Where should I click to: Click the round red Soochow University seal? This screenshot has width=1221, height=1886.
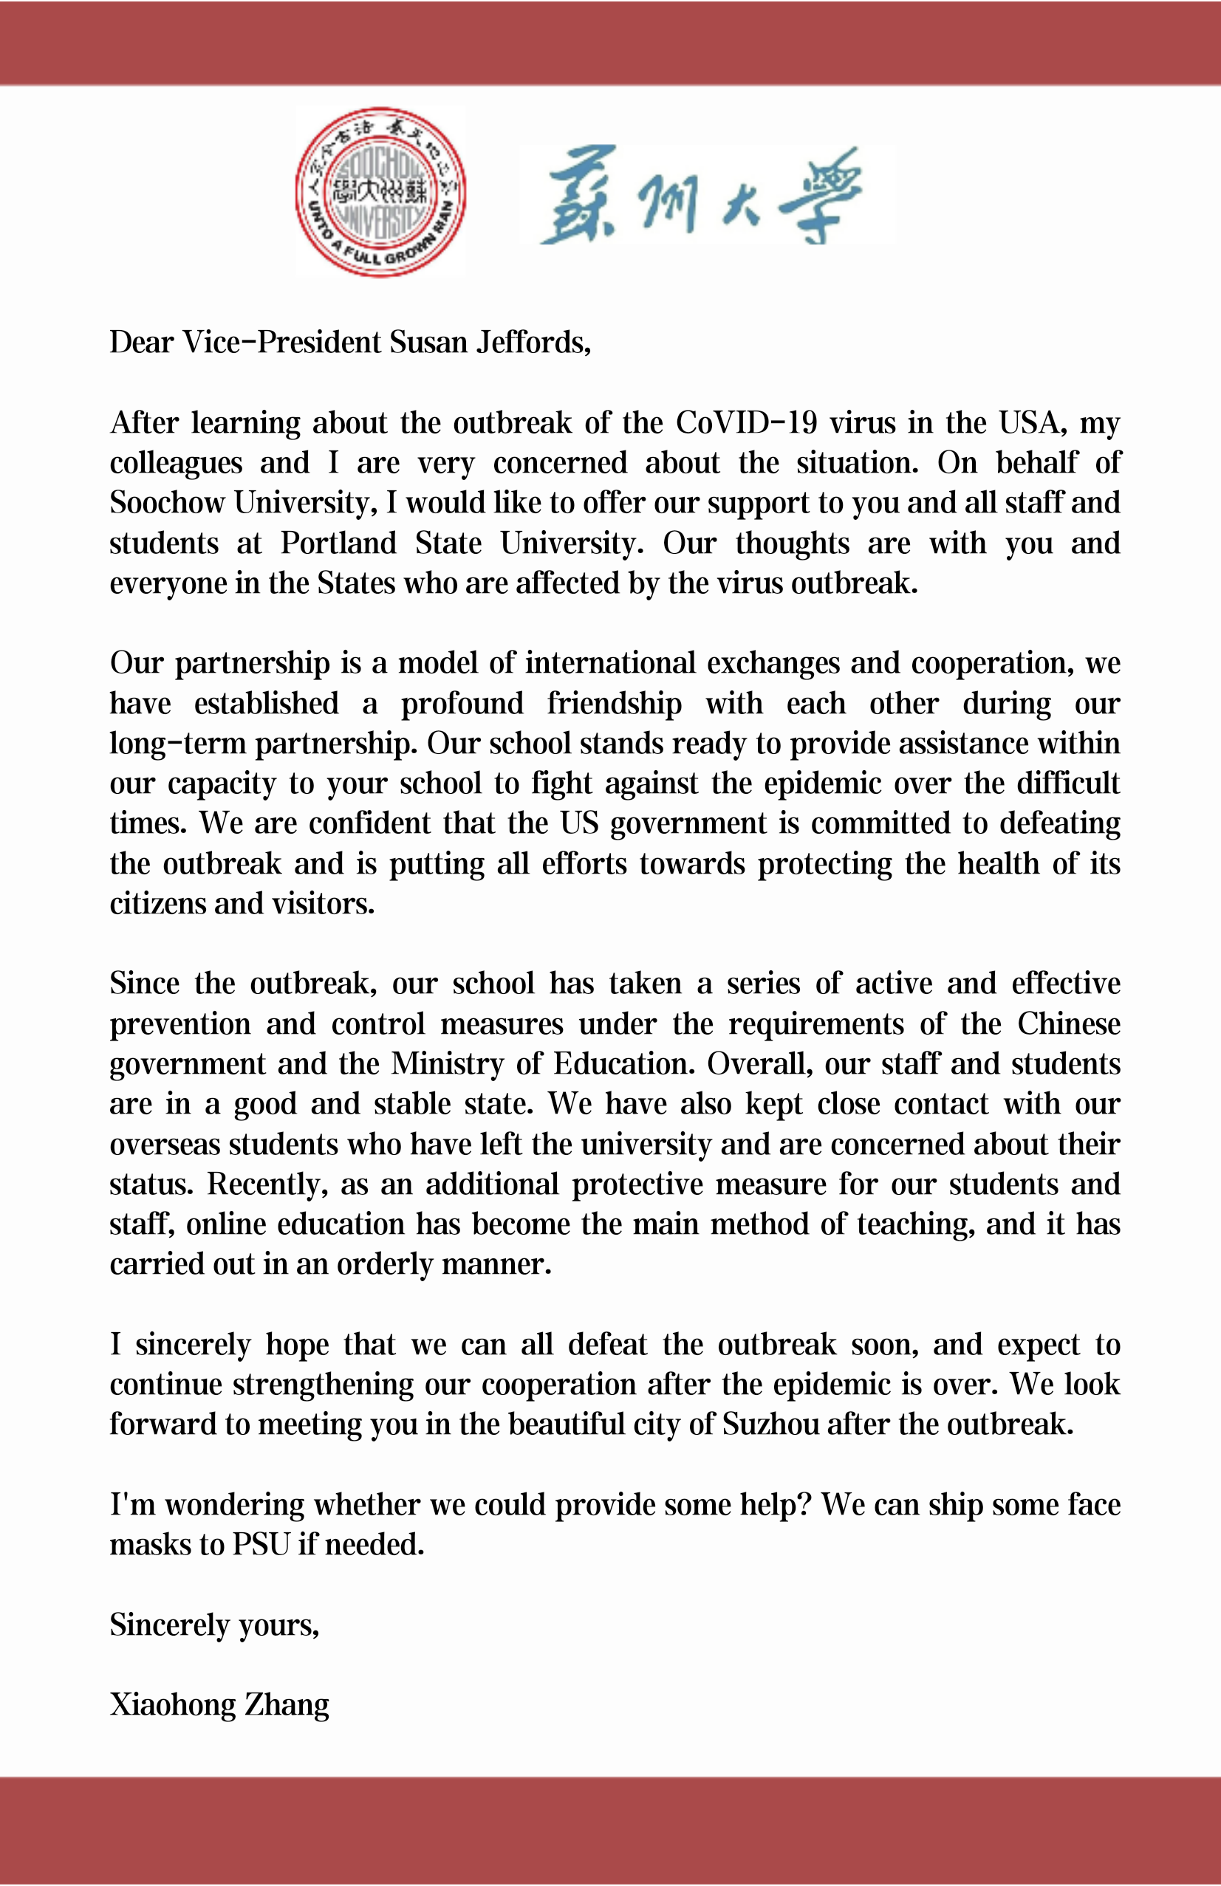coord(380,192)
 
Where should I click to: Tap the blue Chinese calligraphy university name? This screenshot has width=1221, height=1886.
coord(701,195)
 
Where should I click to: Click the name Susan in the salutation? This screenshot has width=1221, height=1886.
coord(428,343)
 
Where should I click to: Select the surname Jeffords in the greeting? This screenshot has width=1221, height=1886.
coord(533,343)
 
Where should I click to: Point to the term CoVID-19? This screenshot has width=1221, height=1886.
coord(746,423)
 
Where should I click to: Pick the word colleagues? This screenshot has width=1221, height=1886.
coord(176,464)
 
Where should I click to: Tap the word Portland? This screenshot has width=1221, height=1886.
coord(338,543)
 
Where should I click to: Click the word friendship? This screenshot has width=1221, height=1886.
coord(615,704)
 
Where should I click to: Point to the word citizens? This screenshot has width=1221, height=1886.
coord(155,904)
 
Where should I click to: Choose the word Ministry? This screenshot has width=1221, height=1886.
coord(447,1064)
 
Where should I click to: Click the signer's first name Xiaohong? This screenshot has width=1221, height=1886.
coord(172,1704)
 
